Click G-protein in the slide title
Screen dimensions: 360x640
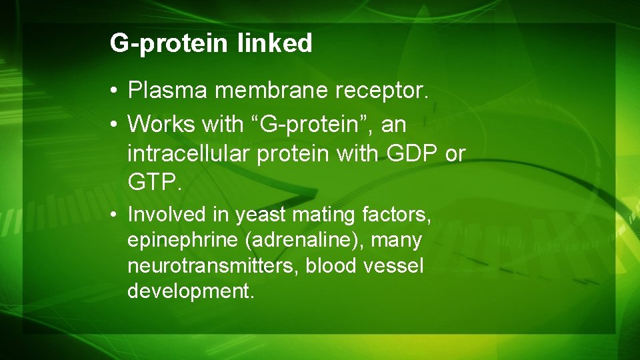[x=169, y=43]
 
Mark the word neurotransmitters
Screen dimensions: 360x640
[x=213, y=266]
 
